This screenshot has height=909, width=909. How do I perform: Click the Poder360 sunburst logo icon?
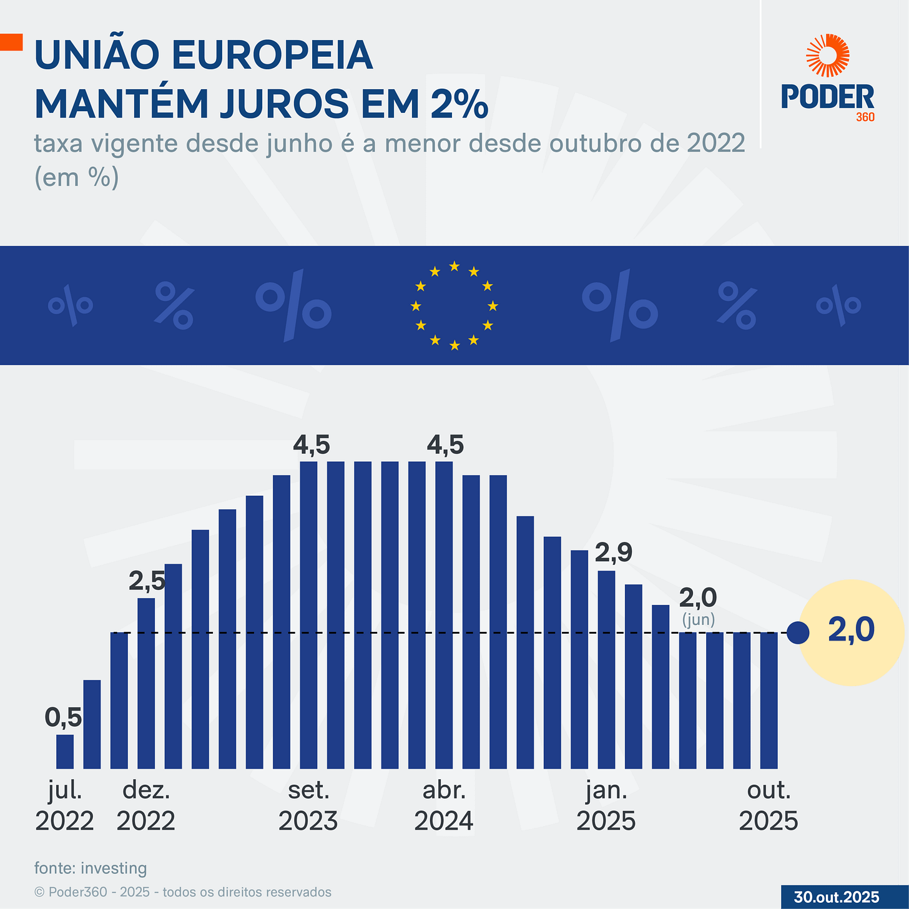click(827, 56)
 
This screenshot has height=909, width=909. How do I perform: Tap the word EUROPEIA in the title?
click(272, 55)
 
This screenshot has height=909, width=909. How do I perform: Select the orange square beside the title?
click(11, 42)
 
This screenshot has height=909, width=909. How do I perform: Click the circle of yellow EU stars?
click(454, 306)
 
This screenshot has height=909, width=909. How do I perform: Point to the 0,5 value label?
click(63, 718)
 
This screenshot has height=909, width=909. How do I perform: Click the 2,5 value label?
click(147, 581)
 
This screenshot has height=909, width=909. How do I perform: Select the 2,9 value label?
click(613, 552)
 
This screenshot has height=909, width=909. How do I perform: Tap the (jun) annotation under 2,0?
click(698, 620)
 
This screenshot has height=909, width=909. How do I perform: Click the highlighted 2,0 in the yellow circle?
click(852, 630)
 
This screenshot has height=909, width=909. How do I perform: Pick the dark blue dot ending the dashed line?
click(798, 633)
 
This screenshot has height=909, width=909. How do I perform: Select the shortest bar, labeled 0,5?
click(65, 752)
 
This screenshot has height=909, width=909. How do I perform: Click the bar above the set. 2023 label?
click(308, 615)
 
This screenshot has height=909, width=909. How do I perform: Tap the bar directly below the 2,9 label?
click(606, 669)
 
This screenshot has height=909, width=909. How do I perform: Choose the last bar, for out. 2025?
click(769, 700)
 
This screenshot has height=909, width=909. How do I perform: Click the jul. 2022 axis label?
click(64, 805)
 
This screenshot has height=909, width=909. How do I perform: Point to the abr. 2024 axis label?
click(444, 805)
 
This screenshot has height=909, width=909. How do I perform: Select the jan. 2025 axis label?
click(606, 805)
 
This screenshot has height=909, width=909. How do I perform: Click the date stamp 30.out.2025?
click(836, 897)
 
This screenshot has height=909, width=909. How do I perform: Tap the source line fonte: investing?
click(91, 868)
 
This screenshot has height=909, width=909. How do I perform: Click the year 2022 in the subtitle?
click(715, 143)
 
